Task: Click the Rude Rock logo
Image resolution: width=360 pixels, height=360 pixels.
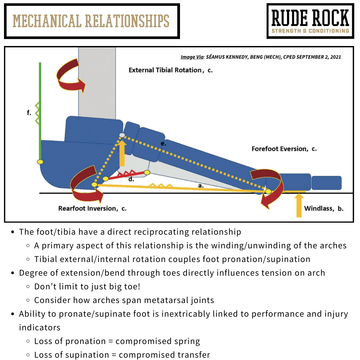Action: click(x=310, y=21)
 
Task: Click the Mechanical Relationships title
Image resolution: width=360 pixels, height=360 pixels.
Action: click(x=91, y=21)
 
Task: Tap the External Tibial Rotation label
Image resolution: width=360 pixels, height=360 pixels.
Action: click(x=170, y=70)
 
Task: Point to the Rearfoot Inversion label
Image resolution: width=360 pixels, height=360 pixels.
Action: click(x=92, y=209)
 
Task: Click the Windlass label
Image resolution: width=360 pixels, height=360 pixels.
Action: click(x=323, y=209)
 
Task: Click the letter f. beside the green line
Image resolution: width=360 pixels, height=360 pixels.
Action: click(x=29, y=113)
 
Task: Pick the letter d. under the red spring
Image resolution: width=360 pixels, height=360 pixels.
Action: click(x=131, y=179)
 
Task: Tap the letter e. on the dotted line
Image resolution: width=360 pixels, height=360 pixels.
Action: click(x=163, y=144)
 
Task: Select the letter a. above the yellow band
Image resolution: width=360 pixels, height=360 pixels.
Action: click(x=201, y=185)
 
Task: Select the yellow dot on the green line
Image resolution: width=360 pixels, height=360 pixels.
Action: click(x=40, y=162)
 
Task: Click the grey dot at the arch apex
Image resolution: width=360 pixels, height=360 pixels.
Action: click(x=122, y=135)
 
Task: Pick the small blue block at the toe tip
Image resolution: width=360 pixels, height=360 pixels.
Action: click(x=326, y=183)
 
